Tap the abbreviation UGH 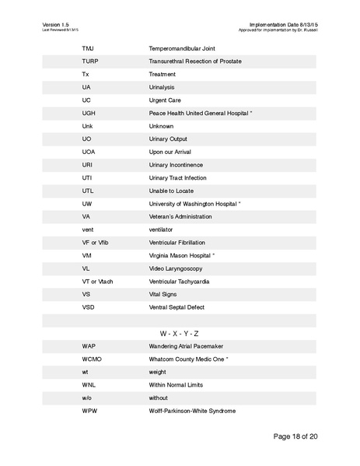click(x=89, y=113)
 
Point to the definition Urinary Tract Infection click(x=177, y=177)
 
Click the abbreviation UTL click(x=88, y=191)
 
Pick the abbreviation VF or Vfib click(x=95, y=242)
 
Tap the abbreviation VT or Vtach click(x=97, y=281)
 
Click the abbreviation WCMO click(x=92, y=359)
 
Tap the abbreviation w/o click(x=87, y=398)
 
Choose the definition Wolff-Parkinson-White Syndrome click(x=192, y=410)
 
